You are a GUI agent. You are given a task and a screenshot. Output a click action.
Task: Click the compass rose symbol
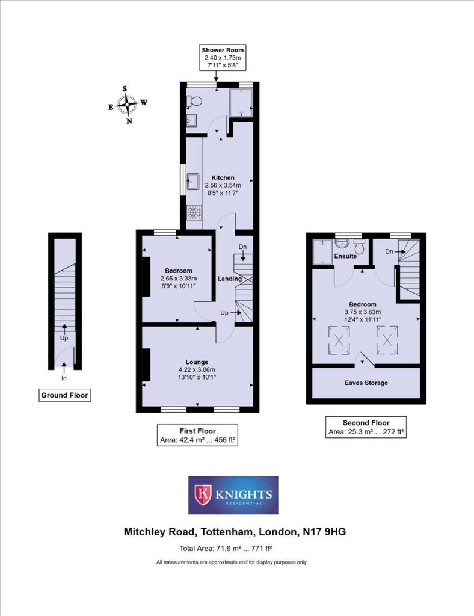tap(127, 104)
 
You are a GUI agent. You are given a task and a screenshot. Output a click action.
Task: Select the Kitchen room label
tap(222, 178)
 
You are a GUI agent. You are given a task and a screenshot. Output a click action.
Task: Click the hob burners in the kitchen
tap(194, 211)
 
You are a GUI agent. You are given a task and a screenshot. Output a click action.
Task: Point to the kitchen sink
tap(194, 180)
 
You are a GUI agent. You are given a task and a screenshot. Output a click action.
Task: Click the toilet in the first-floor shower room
tap(190, 100)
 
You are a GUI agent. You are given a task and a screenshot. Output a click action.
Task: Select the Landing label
tap(230, 279)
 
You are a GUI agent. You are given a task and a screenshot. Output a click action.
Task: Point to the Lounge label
tap(197, 361)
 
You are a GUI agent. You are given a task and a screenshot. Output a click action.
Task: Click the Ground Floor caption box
tap(64, 395)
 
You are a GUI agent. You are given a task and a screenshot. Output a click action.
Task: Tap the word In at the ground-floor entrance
tap(64, 379)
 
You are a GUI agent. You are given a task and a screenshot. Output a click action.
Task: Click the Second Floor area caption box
tap(366, 427)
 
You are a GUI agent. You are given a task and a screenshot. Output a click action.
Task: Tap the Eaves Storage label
tap(366, 383)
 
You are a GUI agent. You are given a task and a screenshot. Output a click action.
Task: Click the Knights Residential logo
tap(233, 495)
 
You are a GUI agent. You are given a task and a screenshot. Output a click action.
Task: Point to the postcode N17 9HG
tap(323, 532)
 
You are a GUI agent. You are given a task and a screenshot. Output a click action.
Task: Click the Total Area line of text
tap(227, 548)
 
